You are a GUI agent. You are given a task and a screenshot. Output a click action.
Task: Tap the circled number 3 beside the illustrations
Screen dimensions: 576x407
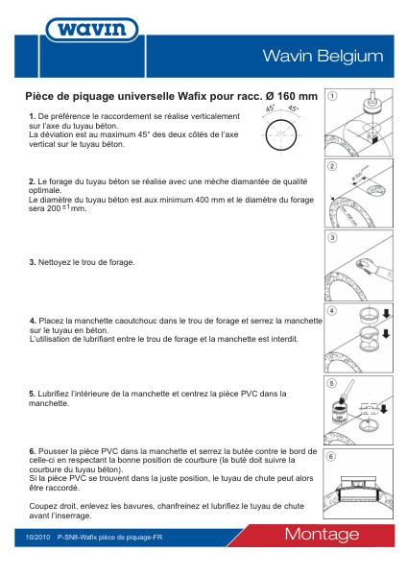[332, 237]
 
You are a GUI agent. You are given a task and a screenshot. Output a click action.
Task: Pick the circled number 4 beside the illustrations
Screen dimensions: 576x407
[332, 312]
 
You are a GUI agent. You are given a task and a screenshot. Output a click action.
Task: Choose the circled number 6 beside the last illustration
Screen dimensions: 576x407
[332, 457]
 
